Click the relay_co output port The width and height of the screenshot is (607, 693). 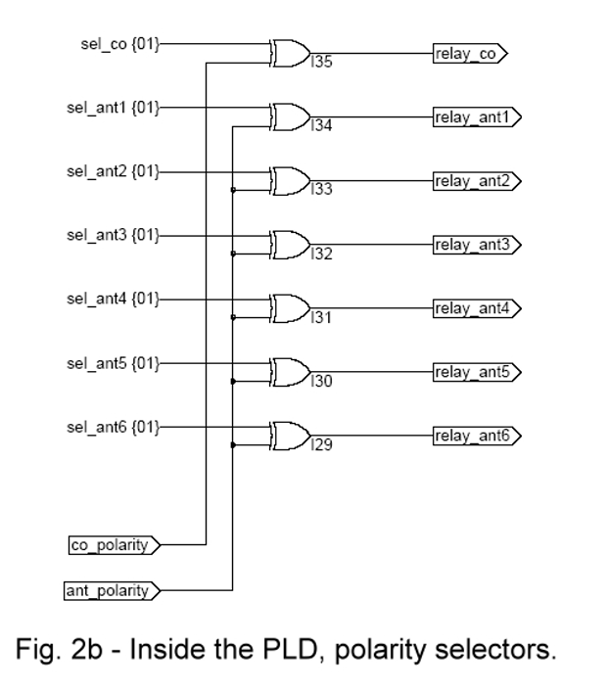(471, 54)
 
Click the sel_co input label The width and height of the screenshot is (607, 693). (117, 44)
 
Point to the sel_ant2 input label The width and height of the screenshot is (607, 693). (113, 171)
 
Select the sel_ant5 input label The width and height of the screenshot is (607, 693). (113, 362)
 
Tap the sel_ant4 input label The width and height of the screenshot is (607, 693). (113, 299)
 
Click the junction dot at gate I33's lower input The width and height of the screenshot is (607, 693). (233, 190)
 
